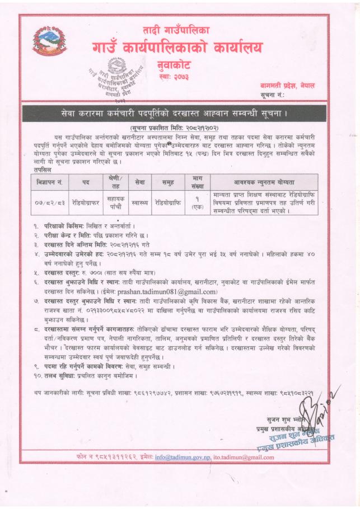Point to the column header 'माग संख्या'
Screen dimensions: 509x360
[x=197, y=181]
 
